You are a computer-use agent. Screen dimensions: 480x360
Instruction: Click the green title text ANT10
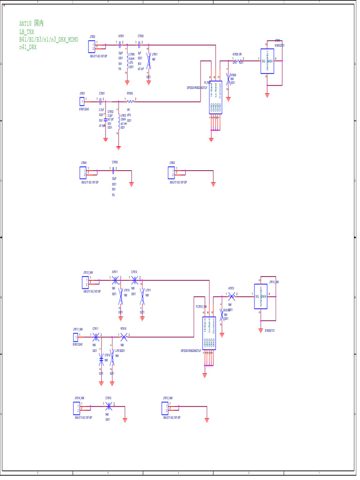25,23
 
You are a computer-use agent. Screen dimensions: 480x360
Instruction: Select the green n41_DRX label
28,47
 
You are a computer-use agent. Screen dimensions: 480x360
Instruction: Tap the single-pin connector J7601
82,101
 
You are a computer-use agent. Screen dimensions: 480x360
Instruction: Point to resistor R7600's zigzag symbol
130,101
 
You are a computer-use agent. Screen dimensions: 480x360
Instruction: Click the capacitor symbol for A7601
120,45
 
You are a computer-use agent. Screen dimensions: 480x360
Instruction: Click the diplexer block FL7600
216,96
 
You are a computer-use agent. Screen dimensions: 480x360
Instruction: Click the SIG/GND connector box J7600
267,60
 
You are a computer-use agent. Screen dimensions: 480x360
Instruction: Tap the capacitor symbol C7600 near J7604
114,170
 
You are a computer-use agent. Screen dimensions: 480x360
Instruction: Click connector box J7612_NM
85,282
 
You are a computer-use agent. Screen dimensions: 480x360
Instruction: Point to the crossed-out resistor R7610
124,336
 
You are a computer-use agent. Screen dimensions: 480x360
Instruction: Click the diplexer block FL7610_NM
209,333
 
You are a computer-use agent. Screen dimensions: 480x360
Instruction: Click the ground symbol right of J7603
213,184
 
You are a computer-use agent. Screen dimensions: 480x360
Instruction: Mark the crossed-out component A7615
231,296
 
